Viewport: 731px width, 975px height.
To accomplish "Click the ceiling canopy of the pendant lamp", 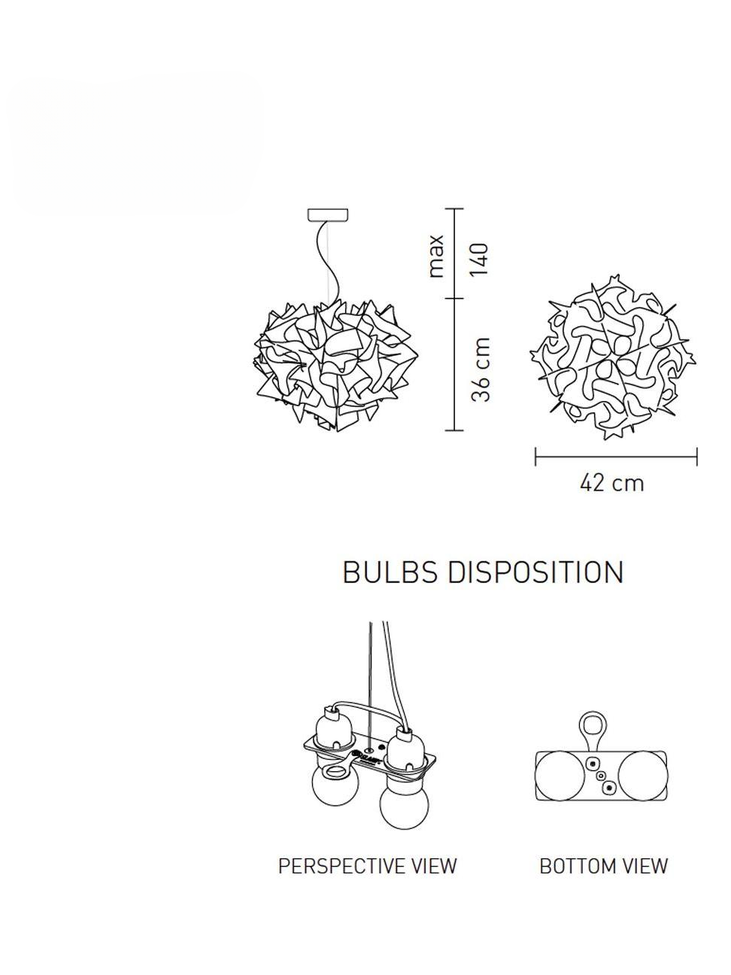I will [x=328, y=214].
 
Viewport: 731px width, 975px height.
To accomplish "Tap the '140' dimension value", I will [x=481, y=259].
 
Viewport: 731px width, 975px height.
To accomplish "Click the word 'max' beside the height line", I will [x=436, y=257].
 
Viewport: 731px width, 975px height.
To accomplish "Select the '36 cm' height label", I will [x=481, y=369].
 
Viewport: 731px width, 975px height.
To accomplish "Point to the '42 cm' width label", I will [x=611, y=482].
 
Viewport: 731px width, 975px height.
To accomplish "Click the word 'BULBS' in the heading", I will [x=389, y=573].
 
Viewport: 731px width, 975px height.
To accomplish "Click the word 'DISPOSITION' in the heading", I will [x=535, y=573].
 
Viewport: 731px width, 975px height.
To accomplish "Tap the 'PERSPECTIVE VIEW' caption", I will [x=367, y=866].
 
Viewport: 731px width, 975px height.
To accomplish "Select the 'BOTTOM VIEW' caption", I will [x=603, y=866].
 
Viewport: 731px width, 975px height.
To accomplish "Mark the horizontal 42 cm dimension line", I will [x=616, y=456].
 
